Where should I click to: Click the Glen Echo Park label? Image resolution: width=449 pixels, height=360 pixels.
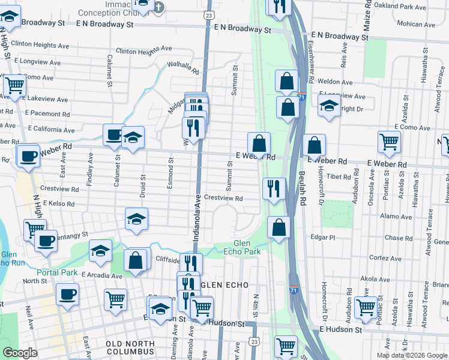tap(247, 247)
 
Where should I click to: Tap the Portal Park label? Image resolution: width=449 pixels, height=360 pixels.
tap(61, 272)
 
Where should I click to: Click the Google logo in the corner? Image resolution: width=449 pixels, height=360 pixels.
tap(20, 353)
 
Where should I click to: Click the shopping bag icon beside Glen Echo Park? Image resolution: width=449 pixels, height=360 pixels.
tap(279, 228)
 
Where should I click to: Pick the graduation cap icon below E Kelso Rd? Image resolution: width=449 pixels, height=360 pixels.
tap(137, 220)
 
